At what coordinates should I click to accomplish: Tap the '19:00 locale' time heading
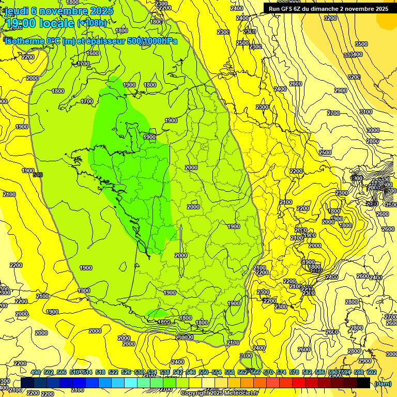(39, 23)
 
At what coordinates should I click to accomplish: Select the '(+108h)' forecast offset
(92, 23)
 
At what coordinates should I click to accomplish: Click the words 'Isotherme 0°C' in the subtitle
(32, 41)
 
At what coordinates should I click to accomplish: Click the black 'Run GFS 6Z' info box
(328, 8)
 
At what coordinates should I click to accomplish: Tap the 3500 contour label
(361, 44)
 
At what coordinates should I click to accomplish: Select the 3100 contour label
(366, 112)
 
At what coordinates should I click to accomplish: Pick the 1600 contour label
(93, 53)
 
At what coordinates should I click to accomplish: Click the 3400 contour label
(356, 54)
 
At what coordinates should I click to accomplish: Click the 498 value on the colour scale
(36, 372)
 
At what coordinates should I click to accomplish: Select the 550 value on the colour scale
(204, 372)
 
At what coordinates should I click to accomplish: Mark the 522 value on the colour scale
(113, 372)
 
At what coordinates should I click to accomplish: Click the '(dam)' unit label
(383, 384)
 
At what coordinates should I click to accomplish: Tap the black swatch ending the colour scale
(363, 383)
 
